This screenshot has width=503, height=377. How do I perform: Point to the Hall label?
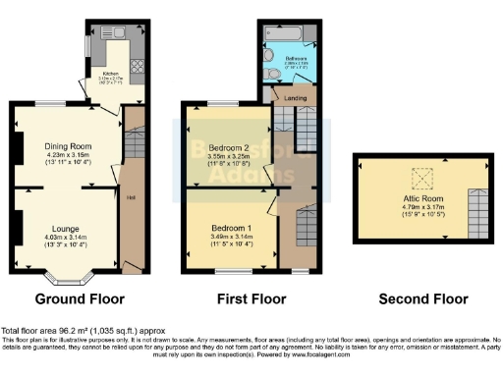pos(131,197)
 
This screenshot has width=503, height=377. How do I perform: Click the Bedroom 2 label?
pos(226,147)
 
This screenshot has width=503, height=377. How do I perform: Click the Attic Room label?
pos(422,197)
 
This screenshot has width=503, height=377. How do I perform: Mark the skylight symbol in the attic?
pos(422,178)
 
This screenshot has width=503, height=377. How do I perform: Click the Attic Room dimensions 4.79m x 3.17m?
pos(422,207)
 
